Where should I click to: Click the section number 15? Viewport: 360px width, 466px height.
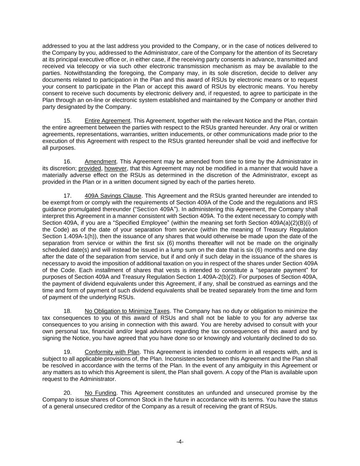(67, 121)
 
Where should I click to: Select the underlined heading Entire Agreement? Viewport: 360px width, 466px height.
(107, 121)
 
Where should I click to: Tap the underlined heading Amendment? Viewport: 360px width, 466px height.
(100, 162)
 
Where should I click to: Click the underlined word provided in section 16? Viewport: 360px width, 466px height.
(90, 169)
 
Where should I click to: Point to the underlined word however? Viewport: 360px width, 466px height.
(116, 169)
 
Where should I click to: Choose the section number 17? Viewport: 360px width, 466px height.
(67, 196)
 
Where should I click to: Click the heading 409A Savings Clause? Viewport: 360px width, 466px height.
(113, 196)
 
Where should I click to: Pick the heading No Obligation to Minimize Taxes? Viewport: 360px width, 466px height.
(127, 311)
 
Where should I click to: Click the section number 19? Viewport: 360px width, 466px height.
(67, 352)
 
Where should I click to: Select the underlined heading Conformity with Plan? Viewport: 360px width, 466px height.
(112, 352)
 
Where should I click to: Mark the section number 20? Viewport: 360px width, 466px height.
(67, 393)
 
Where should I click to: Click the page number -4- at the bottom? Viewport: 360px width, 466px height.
(180, 442)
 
